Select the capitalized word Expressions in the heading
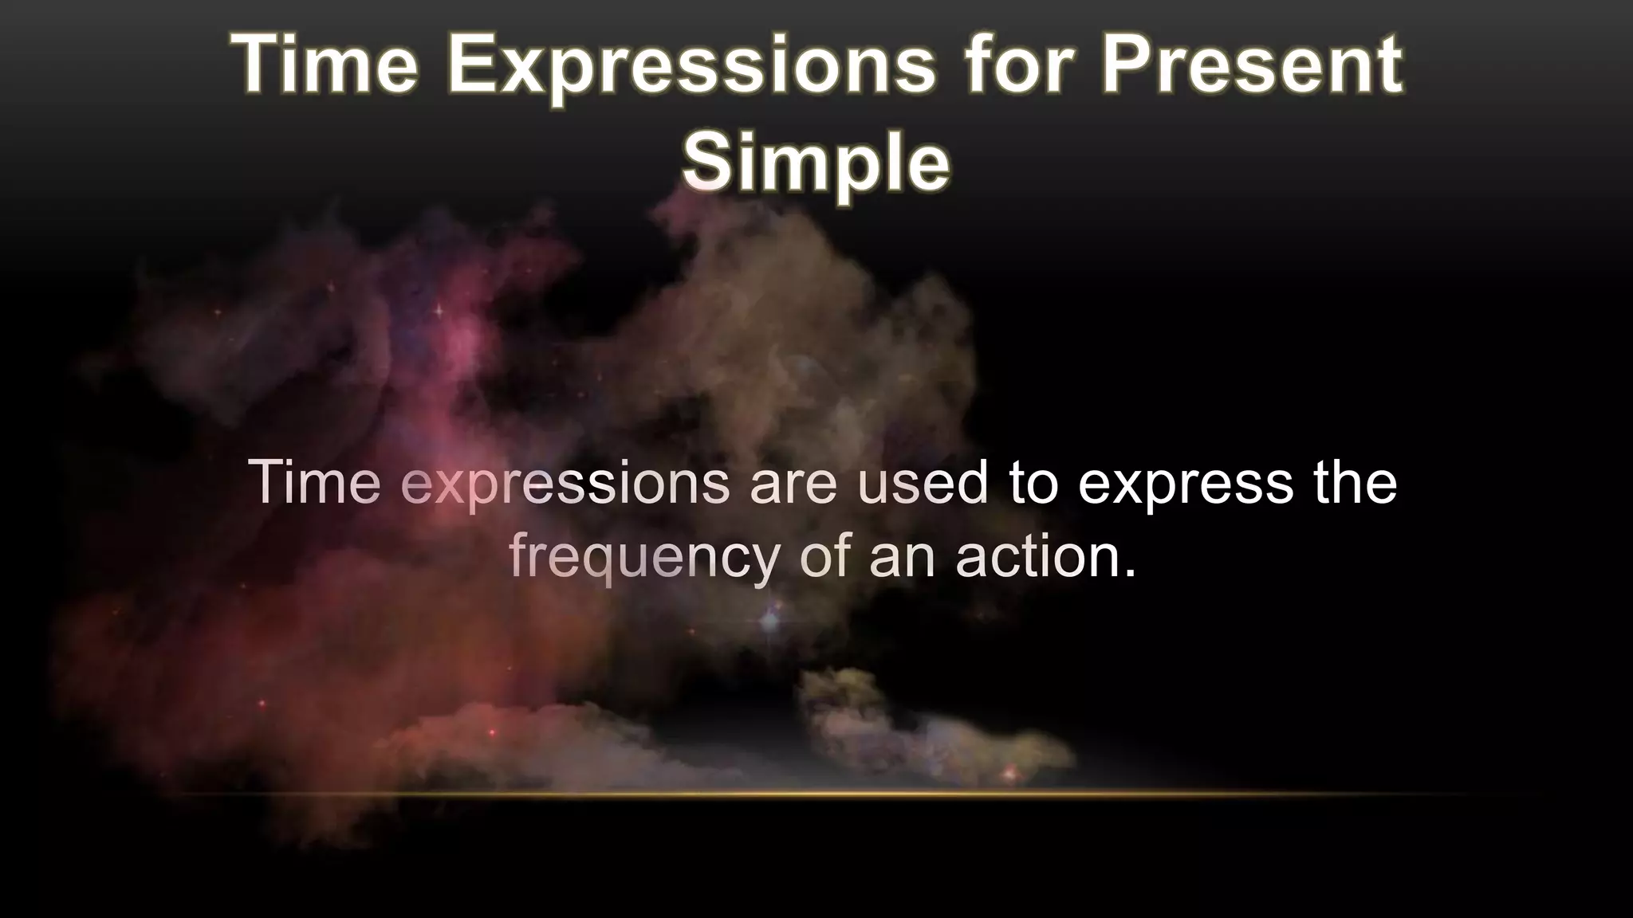tap(691, 66)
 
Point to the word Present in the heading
tap(1251, 65)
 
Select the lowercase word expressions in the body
tap(565, 484)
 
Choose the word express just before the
tap(1186, 484)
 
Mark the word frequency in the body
tap(644, 557)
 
